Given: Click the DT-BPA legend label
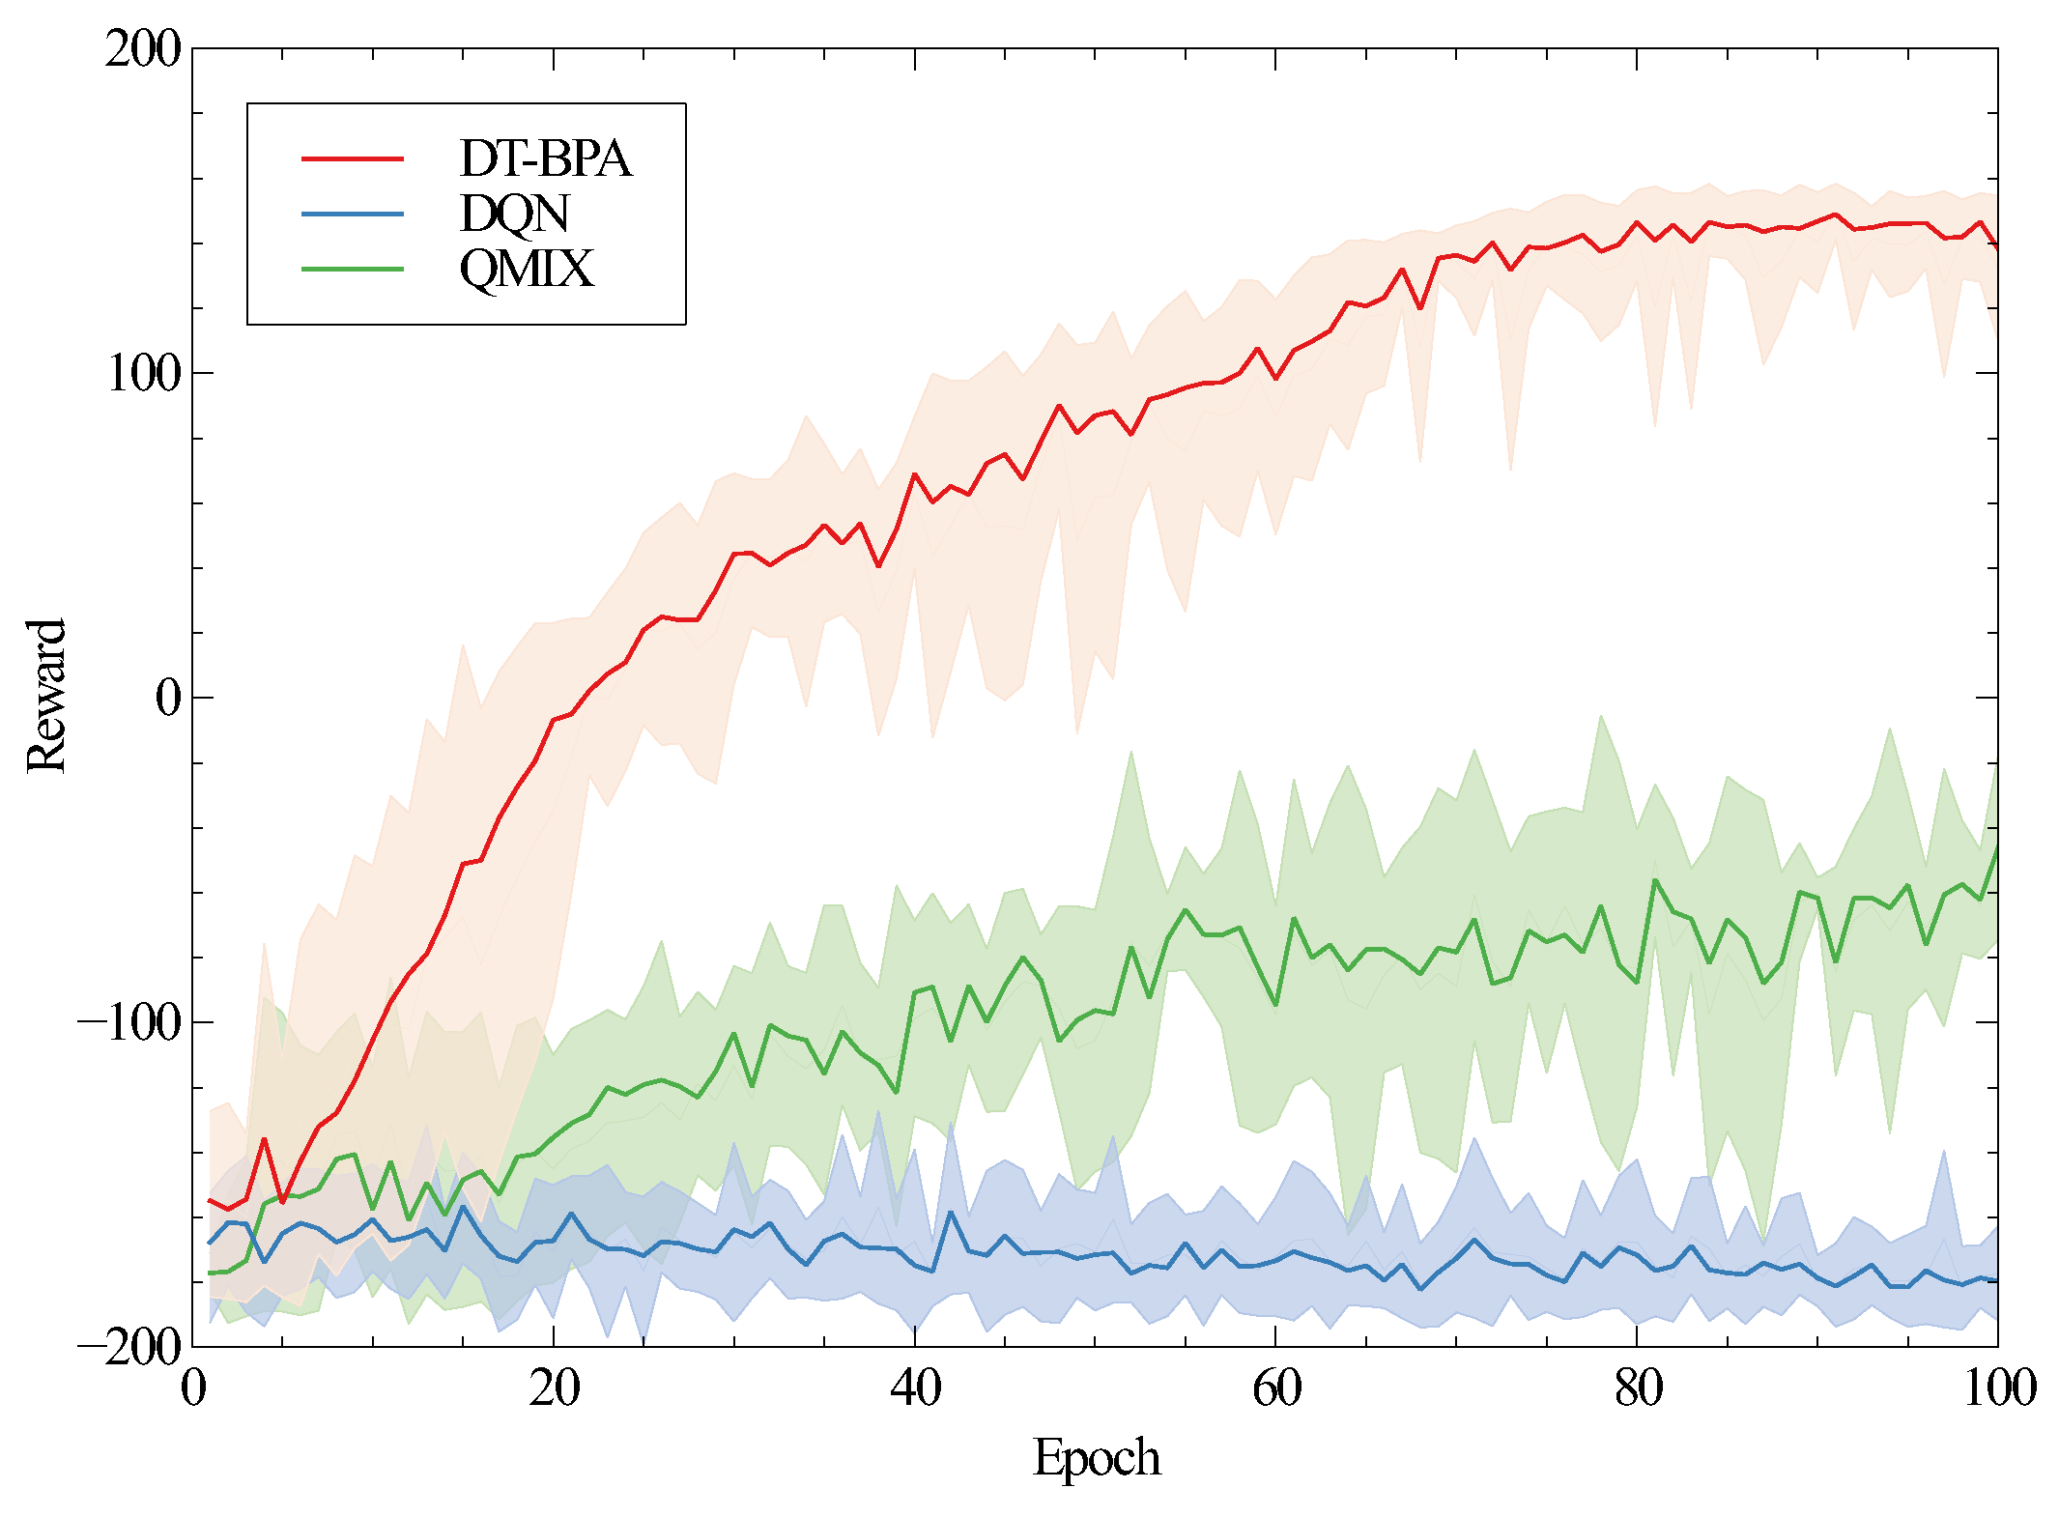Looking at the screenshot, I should (x=545, y=158).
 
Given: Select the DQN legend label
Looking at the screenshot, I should (x=514, y=214).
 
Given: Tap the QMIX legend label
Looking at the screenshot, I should (x=526, y=269).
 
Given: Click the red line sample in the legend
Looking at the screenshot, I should (x=353, y=158).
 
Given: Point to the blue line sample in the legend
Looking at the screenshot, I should (x=353, y=214).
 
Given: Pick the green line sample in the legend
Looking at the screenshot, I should (x=353, y=269).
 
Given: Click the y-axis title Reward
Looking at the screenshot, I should (x=46, y=696).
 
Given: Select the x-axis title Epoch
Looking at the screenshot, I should (x=1096, y=1457).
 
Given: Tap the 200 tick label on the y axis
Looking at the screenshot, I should (x=143, y=48).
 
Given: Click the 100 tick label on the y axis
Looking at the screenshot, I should (x=143, y=373).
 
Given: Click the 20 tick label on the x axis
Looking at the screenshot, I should (x=555, y=1388).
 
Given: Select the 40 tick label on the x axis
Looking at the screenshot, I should (x=915, y=1388).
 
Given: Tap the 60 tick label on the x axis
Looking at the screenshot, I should (x=1276, y=1388).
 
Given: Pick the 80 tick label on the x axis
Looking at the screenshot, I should (x=1638, y=1388).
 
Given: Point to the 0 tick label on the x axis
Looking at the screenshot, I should (x=193, y=1388).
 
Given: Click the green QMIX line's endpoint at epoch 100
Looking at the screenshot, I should (x=1996, y=846).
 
